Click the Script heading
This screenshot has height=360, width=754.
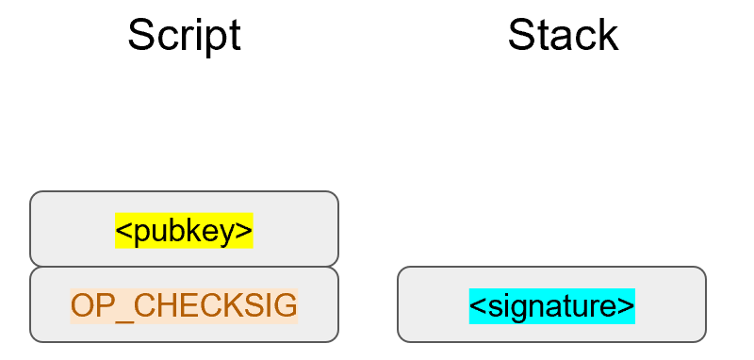184,35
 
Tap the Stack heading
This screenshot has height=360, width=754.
563,35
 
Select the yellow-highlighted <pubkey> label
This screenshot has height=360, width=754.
184,230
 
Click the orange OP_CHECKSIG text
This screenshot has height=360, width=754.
184,305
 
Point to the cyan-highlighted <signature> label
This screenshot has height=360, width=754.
551,305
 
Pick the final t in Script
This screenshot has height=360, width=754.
235,35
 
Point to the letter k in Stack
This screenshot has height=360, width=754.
609,35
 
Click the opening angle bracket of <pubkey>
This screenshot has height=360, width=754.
123,231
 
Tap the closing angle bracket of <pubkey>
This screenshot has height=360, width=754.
246,231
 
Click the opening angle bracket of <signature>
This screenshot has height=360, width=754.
476,306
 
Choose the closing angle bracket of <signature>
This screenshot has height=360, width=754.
628,306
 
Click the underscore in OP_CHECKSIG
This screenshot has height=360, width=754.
120,316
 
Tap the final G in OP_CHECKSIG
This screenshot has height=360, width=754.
287,305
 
